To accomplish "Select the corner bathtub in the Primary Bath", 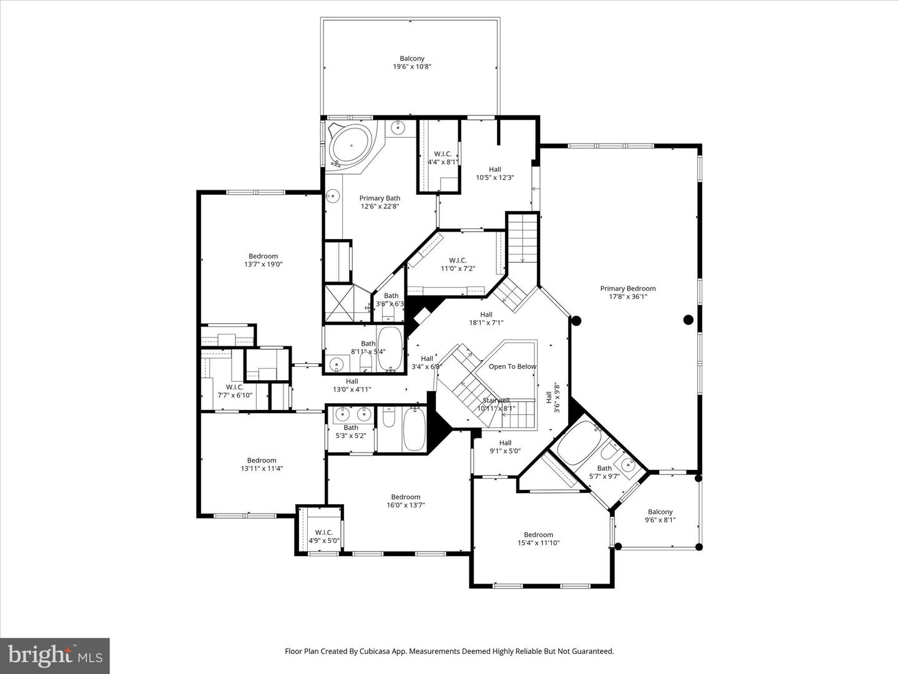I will tap(350, 145).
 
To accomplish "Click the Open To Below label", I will tap(512, 366).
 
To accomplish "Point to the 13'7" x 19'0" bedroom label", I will tap(263, 260).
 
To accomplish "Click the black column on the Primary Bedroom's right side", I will tap(688, 320).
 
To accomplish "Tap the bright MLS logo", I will tap(55, 655).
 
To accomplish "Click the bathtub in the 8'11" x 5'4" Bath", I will tap(390, 349).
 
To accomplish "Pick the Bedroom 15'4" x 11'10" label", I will tap(538, 539).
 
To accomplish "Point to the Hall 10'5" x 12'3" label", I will tap(494, 173).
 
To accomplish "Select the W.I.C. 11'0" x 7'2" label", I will tap(458, 265).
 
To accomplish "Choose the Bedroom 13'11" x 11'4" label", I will tap(261, 464).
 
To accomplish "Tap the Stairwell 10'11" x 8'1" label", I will tap(496, 404).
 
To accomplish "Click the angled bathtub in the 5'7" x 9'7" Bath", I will tap(577, 443).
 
